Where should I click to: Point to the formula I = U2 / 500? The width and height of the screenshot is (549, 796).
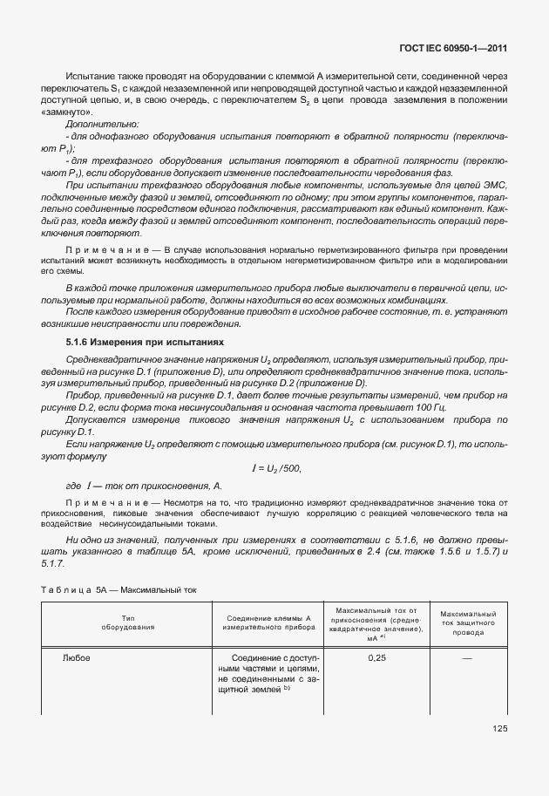point(275,468)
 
